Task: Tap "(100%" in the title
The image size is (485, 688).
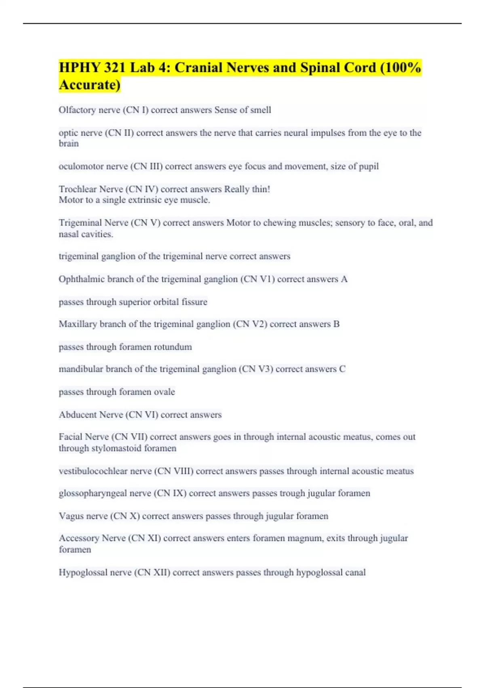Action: click(x=401, y=67)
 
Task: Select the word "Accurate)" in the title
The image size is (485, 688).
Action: click(x=89, y=85)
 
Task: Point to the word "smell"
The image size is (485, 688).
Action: click(x=260, y=110)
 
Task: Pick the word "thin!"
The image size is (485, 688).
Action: click(x=259, y=189)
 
